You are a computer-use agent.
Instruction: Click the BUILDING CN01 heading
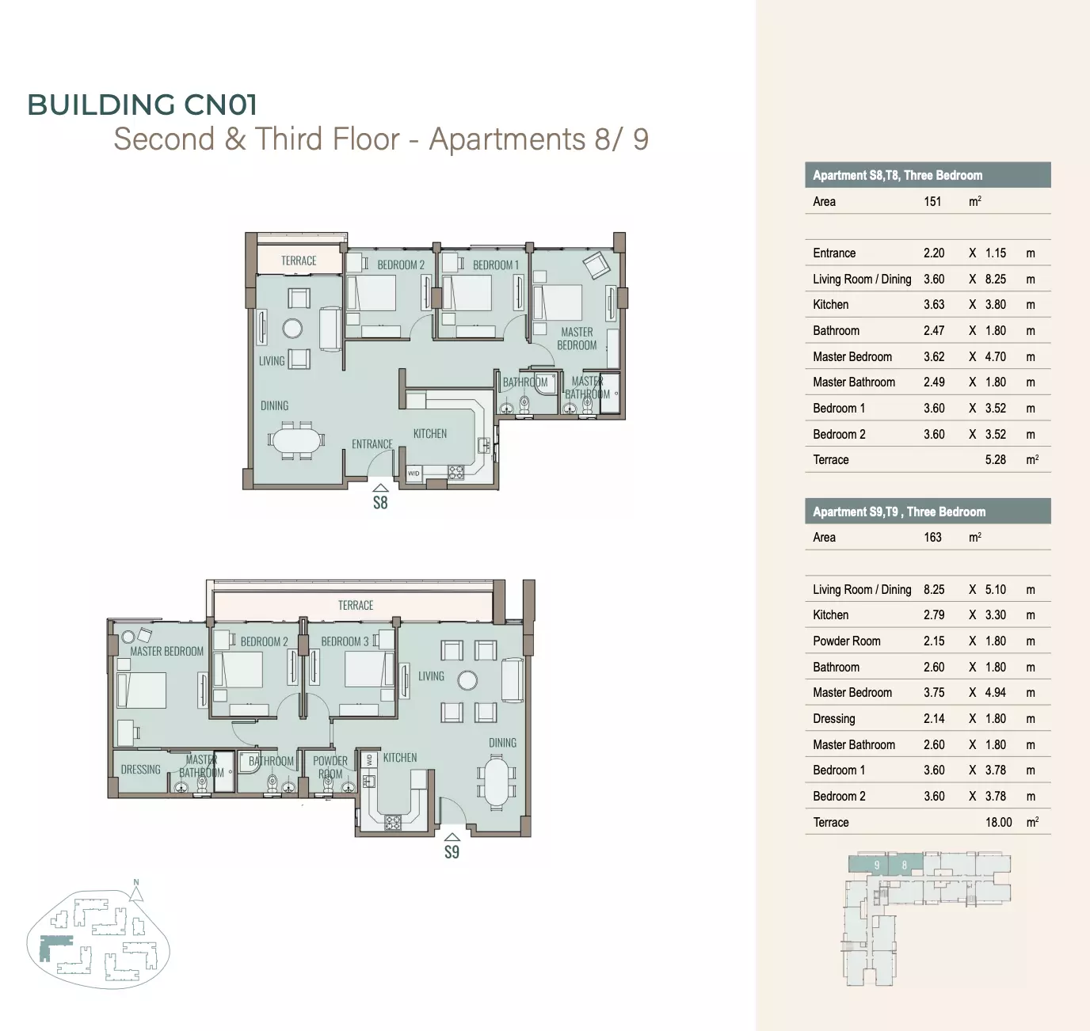tap(142, 105)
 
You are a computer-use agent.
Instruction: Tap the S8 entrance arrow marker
tap(380, 488)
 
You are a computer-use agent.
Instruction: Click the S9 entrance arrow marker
tap(452, 837)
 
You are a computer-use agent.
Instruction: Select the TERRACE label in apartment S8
tap(299, 261)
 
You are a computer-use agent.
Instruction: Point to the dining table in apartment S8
tap(296, 440)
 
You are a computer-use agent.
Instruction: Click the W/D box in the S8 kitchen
tap(414, 474)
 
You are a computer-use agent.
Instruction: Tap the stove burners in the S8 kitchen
tap(455, 472)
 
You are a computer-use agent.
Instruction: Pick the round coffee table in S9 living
tap(467, 680)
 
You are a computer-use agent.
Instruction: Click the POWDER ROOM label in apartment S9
tap(330, 767)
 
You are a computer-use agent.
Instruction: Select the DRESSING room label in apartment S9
tap(141, 770)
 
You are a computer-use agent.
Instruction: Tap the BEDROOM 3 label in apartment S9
tap(345, 641)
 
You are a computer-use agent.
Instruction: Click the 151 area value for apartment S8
tap(932, 201)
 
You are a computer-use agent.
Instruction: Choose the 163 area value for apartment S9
tap(932, 537)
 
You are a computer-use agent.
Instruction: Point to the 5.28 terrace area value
tap(995, 459)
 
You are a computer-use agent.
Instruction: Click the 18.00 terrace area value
tap(999, 822)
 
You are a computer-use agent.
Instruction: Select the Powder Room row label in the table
tap(847, 641)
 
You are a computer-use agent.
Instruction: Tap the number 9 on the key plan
tap(877, 866)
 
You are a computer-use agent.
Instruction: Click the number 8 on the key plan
tap(905, 866)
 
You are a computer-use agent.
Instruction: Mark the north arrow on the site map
tap(136, 893)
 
